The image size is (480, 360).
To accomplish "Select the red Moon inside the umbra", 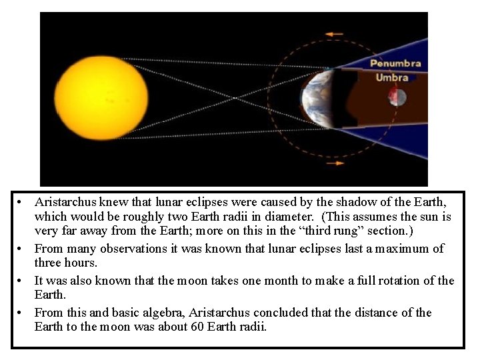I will [x=397, y=97].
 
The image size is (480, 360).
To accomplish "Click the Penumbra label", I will [x=395, y=63].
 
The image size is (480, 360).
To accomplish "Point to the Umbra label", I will [x=392, y=78].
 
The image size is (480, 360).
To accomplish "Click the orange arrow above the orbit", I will [x=334, y=34].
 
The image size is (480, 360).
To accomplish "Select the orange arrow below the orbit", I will [x=335, y=163].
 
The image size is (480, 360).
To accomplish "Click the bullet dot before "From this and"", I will [x=22, y=313].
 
